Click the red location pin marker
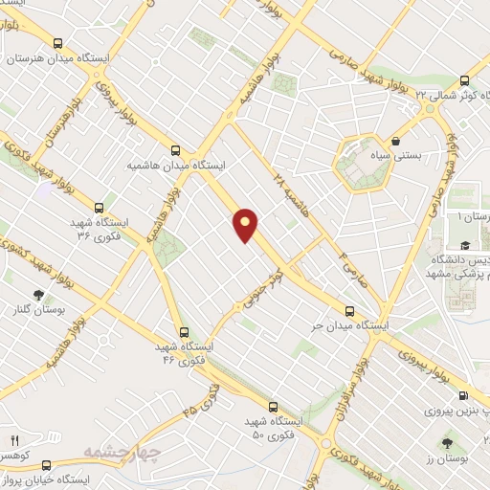(246, 224)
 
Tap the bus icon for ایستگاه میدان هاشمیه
(174, 149)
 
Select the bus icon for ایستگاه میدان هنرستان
(59, 43)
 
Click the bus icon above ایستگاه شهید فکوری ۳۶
(99, 207)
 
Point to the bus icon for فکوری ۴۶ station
(185, 331)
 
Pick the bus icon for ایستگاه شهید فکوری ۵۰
(273, 407)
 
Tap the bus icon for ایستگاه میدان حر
(349, 311)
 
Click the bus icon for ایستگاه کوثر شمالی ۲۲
(464, 81)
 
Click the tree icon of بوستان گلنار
(38, 296)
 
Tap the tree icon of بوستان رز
(448, 442)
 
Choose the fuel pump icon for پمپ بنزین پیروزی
(463, 396)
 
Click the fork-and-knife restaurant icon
(13, 439)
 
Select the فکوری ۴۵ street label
(200, 401)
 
